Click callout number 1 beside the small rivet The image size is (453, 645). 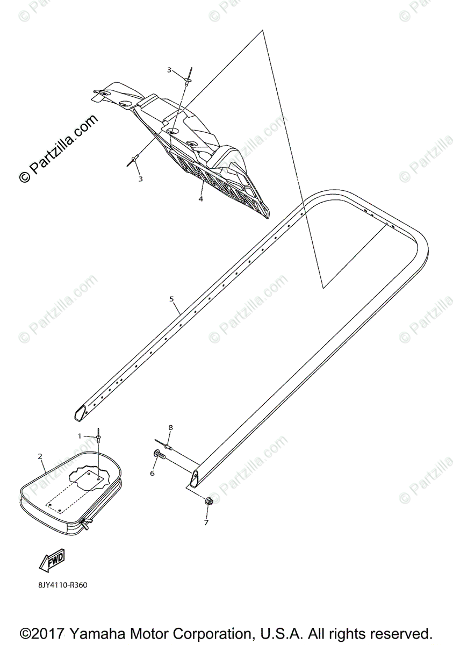click(x=80, y=435)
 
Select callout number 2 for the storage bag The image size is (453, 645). click(x=40, y=456)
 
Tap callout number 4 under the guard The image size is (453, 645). click(x=200, y=198)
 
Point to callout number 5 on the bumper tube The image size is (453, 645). click(x=171, y=298)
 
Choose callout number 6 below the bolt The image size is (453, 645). click(x=152, y=473)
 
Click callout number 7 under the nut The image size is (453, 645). click(x=206, y=522)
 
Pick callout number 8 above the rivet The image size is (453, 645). click(x=170, y=427)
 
